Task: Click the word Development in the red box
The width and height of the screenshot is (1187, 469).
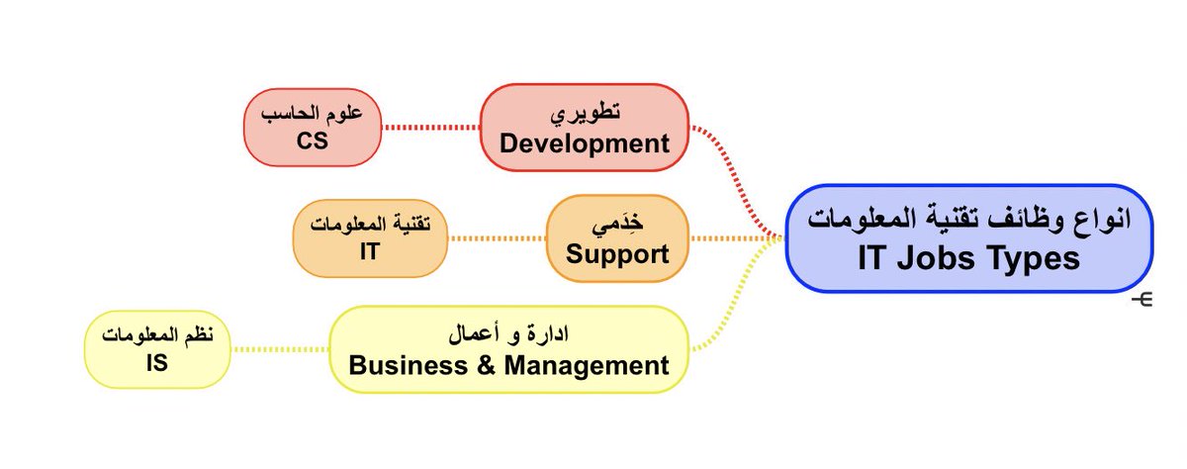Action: pyautogui.click(x=584, y=143)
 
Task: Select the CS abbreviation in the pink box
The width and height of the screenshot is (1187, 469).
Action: pyautogui.click(x=312, y=141)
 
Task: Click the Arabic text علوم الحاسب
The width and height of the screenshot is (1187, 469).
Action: pyautogui.click(x=312, y=113)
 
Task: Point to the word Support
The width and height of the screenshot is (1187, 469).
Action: pyautogui.click(x=617, y=254)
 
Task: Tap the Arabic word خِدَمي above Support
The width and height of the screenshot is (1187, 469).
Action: pyautogui.click(x=618, y=225)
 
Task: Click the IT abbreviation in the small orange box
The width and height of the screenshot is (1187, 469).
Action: pyautogui.click(x=370, y=251)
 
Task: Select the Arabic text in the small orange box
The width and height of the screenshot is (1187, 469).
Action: pyautogui.click(x=370, y=224)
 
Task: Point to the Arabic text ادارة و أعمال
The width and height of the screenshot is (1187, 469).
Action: pyautogui.click(x=508, y=334)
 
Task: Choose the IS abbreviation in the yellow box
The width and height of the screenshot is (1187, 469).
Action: pyautogui.click(x=156, y=363)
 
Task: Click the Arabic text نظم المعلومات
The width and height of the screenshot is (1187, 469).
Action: pyautogui.click(x=156, y=334)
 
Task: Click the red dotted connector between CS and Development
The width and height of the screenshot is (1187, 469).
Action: pyautogui.click(x=431, y=128)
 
